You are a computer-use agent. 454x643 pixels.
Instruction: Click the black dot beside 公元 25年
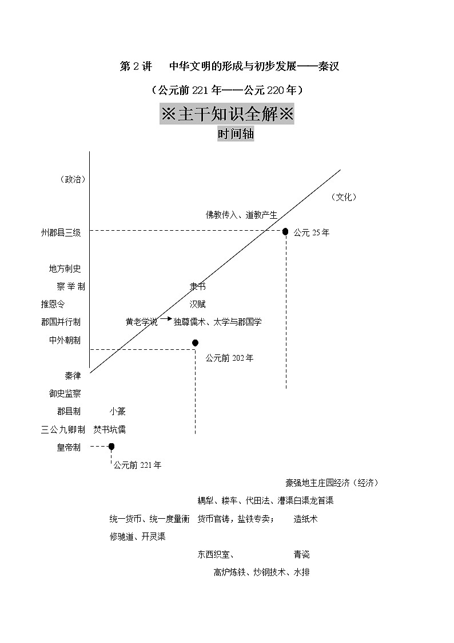285,231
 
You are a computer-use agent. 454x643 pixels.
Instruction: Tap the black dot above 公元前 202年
195,342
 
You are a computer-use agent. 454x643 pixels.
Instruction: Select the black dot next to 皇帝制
111,446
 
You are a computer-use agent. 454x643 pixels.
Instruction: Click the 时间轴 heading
236,135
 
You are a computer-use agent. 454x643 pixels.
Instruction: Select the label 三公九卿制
63,429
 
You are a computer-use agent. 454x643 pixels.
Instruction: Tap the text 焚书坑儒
110,429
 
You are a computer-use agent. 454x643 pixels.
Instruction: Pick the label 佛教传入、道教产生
241,215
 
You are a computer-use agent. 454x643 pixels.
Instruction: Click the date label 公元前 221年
137,465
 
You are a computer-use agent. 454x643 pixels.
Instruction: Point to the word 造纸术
305,519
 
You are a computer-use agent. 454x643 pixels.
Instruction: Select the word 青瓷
302,554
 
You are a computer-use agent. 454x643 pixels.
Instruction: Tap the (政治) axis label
73,179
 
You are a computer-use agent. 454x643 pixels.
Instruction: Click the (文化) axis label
344,197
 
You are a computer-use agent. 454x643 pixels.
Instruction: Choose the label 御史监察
65,393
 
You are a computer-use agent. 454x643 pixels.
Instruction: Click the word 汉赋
197,305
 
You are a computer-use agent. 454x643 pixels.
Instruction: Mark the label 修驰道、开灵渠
138,537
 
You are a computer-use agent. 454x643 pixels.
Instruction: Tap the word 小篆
118,411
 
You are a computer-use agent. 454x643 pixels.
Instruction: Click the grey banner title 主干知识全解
228,114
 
